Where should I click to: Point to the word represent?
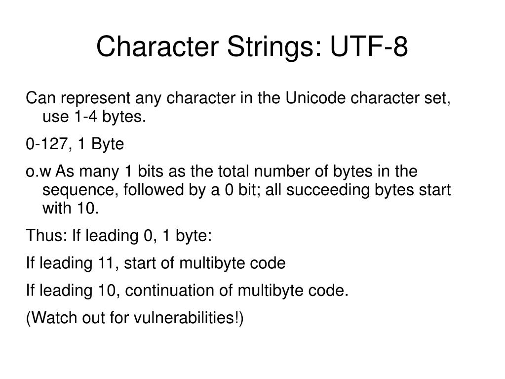(93, 99)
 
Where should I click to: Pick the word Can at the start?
(39, 99)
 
